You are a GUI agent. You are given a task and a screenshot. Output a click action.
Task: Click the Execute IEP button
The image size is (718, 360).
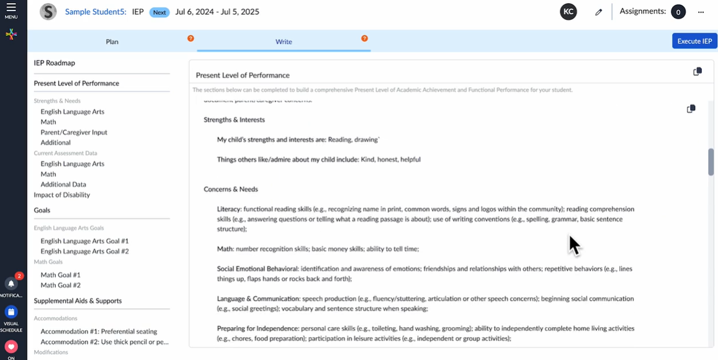[694, 41]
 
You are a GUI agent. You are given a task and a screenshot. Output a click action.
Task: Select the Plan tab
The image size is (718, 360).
[112, 42]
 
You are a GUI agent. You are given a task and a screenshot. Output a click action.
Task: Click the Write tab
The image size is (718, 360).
[284, 42]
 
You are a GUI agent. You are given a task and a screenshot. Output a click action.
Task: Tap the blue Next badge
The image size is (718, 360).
[159, 12]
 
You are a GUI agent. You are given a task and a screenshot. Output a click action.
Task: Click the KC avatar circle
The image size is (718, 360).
[568, 12]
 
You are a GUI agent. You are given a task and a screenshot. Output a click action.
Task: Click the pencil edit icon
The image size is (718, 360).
[598, 12]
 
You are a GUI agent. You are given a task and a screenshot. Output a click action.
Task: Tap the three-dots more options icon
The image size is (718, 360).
[701, 12]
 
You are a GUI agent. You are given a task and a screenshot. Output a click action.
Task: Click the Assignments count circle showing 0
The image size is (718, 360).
[678, 12]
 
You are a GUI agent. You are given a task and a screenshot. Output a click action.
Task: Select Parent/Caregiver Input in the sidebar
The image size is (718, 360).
[74, 132]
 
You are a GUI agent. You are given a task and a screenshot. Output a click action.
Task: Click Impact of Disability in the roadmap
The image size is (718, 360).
[61, 195]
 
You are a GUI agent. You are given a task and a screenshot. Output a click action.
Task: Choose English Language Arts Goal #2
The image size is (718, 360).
[84, 251]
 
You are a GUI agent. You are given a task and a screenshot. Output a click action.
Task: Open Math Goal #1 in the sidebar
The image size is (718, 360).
[60, 275]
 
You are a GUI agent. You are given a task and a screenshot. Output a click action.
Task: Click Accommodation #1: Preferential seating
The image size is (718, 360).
[99, 331]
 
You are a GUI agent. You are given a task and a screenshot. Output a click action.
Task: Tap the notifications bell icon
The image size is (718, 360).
[11, 284]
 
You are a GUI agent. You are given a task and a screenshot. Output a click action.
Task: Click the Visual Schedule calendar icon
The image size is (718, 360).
[11, 312]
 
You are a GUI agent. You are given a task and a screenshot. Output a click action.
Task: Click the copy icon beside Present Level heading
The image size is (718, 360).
[698, 71]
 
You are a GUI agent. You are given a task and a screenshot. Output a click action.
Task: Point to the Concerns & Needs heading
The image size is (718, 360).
[231, 189]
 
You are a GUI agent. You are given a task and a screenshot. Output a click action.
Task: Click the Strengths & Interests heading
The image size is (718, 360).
[234, 120]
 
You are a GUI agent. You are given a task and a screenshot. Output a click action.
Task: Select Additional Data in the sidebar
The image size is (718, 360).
[63, 184]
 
